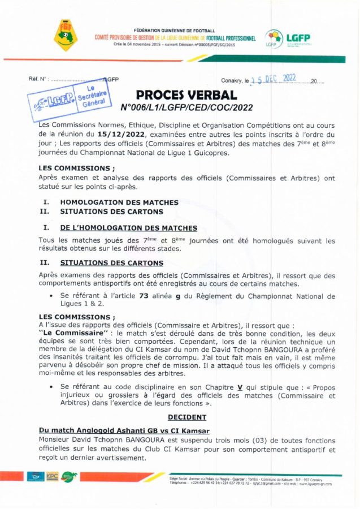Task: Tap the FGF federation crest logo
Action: click(x=67, y=34)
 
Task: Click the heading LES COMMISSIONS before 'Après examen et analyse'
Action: click(x=76, y=168)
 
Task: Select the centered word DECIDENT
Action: click(x=187, y=417)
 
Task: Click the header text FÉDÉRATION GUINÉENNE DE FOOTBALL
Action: click(x=175, y=29)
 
